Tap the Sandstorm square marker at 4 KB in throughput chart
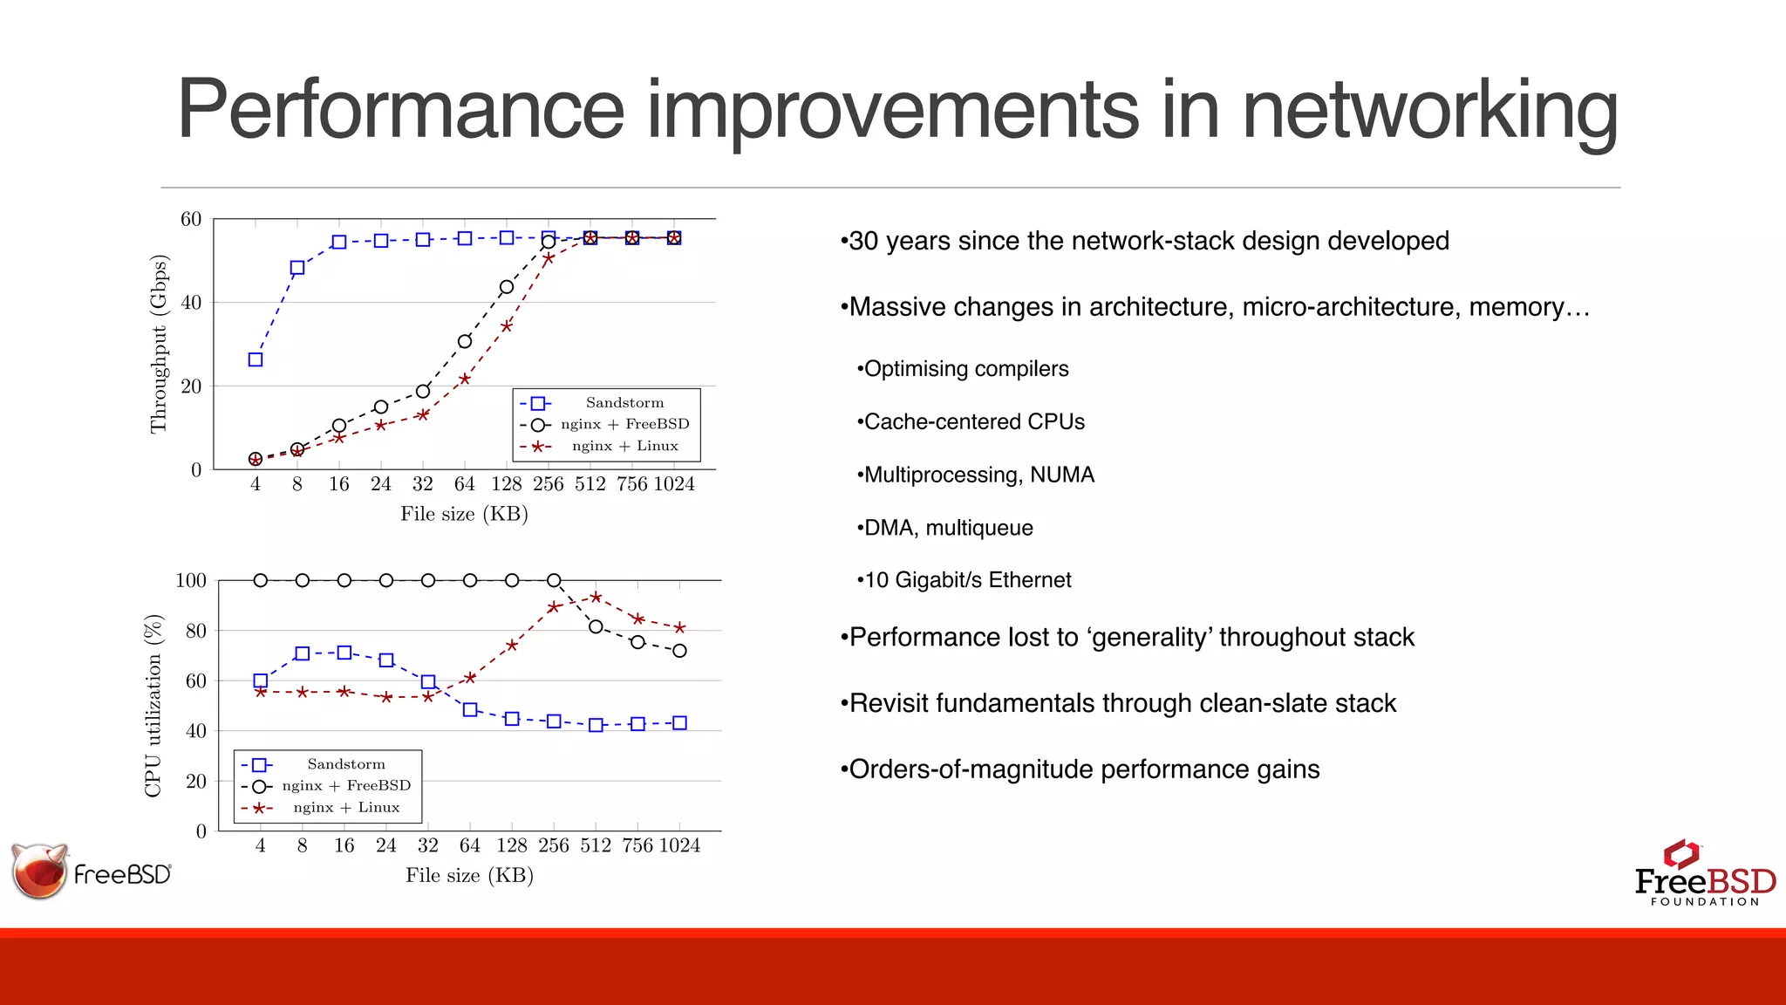[256, 359]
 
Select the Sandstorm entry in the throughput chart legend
[624, 403]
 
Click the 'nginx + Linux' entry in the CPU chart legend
[346, 808]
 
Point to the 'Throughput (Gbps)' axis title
[158, 344]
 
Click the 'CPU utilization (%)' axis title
[153, 705]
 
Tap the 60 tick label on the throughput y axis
[191, 219]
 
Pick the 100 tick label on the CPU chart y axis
[191, 581]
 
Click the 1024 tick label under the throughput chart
[674, 484]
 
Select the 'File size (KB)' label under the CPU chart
[469, 875]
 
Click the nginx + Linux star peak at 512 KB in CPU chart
[596, 598]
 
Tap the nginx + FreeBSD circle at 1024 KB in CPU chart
[679, 651]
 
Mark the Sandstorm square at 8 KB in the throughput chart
[297, 268]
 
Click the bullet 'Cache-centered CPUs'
[973, 422]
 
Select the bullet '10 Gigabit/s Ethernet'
[966, 580]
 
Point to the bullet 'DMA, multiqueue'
[948, 528]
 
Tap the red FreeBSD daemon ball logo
[40, 871]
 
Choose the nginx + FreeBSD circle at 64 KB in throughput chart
[465, 341]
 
